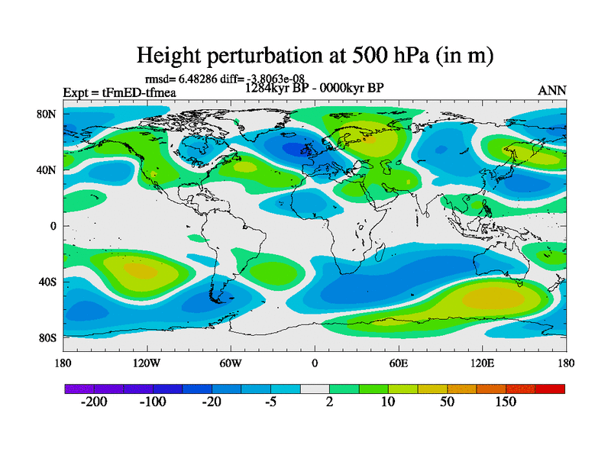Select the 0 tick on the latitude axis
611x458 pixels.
click(53, 226)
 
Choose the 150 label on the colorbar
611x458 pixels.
click(506, 402)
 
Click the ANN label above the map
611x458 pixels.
click(552, 90)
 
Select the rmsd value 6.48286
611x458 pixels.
click(196, 78)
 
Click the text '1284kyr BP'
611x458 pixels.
click(273, 87)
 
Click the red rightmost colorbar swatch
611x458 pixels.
click(550, 389)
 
